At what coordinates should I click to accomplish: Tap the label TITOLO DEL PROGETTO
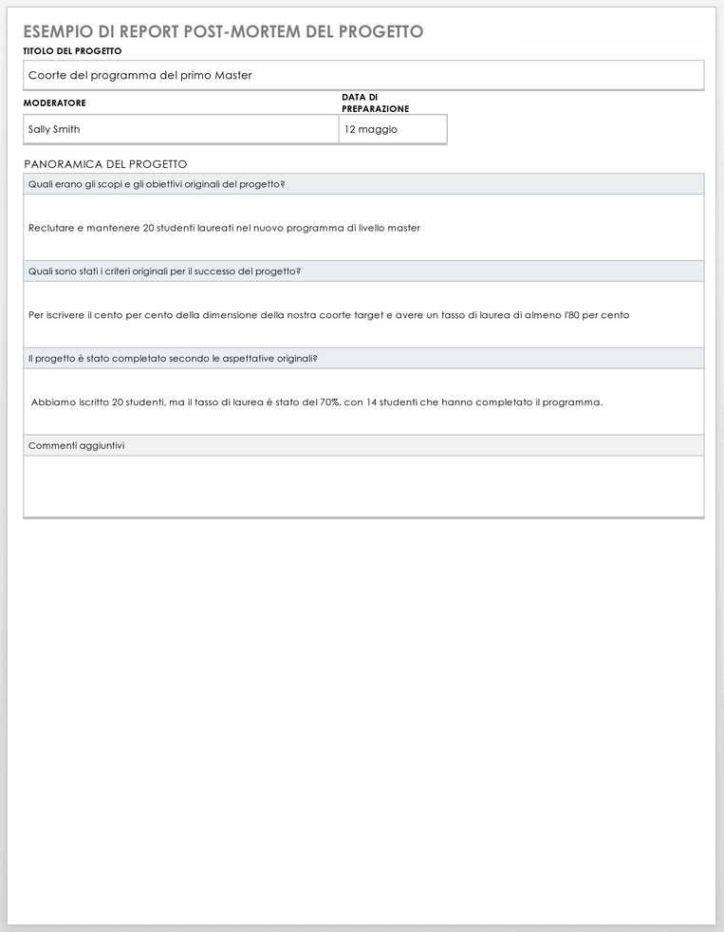tap(72, 51)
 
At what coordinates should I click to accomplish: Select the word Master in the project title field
tap(233, 75)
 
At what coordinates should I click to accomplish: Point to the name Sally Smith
tap(54, 129)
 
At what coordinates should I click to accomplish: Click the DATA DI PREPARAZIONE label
tap(375, 103)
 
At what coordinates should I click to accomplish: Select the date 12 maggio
tap(371, 129)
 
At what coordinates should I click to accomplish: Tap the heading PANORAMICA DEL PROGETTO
tap(105, 164)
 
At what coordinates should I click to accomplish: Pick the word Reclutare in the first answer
tap(50, 228)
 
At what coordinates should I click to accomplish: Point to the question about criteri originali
tap(165, 271)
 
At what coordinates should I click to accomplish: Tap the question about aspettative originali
tap(173, 359)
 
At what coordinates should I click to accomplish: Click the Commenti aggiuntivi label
tap(76, 445)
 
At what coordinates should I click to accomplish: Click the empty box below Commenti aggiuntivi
tap(363, 486)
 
